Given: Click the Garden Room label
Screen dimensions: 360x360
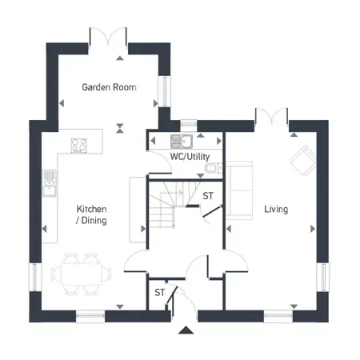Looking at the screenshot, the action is [109, 87].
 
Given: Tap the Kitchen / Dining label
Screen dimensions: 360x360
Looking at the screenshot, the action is [91, 214].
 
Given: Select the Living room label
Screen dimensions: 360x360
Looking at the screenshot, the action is [276, 209].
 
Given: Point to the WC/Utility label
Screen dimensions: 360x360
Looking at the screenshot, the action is [190, 157].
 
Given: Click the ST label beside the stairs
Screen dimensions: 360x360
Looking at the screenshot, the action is [208, 196].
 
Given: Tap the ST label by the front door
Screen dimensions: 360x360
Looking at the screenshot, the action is [159, 293].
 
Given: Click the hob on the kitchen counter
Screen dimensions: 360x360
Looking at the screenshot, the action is [78, 146].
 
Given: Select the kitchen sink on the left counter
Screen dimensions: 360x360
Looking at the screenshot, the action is [50, 183].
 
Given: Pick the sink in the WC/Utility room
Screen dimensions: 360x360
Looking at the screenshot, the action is [182, 142].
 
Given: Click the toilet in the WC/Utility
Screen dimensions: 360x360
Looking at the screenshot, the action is [213, 168].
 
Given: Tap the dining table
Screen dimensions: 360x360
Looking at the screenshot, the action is [81, 274].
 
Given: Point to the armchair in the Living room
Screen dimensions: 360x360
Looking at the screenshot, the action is [303, 160].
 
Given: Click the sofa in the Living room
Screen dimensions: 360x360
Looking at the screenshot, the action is [239, 190].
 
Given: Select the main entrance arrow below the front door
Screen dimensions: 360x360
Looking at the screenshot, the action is [186, 330].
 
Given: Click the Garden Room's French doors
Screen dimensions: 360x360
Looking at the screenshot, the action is [108, 38].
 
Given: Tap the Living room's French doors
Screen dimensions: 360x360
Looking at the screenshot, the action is [272, 117].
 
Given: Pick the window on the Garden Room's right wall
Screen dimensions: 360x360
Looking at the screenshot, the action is [165, 91].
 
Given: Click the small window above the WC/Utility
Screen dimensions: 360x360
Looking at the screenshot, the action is [189, 123].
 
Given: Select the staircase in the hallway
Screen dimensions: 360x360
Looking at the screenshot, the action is [174, 204].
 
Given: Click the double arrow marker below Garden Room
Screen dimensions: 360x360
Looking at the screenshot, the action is [120, 128].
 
